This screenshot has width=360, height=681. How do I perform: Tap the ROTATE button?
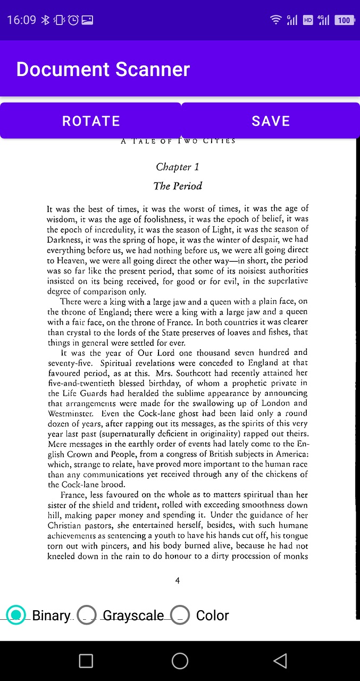pyautogui.click(x=91, y=121)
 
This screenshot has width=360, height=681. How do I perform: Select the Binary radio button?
pyautogui.click(x=16, y=615)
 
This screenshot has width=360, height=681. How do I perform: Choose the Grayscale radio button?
pyautogui.click(x=87, y=615)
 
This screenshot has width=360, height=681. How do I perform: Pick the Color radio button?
pyautogui.click(x=181, y=615)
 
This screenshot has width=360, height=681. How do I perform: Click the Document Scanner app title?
pyautogui.click(x=103, y=69)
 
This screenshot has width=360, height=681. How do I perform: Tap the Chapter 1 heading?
pyautogui.click(x=178, y=167)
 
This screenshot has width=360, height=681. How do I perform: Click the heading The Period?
pyautogui.click(x=178, y=186)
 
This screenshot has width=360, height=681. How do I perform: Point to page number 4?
pyautogui.click(x=178, y=580)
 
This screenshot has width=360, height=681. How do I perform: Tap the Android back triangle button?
pyautogui.click(x=280, y=661)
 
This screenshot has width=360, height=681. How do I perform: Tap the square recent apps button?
pyautogui.click(x=86, y=661)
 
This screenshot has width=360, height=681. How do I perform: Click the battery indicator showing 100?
pyautogui.click(x=344, y=20)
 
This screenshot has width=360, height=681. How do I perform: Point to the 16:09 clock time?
pyautogui.click(x=21, y=20)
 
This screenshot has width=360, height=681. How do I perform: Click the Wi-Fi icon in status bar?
pyautogui.click(x=275, y=20)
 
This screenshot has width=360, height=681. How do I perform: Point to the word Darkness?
pyautogui.click(x=64, y=240)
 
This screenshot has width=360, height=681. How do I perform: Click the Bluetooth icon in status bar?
pyautogui.click(x=45, y=20)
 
